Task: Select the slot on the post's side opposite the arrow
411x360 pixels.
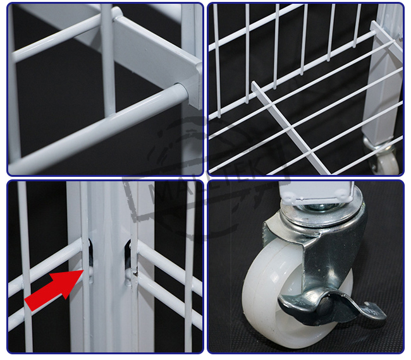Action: click(x=128, y=253)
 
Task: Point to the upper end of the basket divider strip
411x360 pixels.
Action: click(x=255, y=85)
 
